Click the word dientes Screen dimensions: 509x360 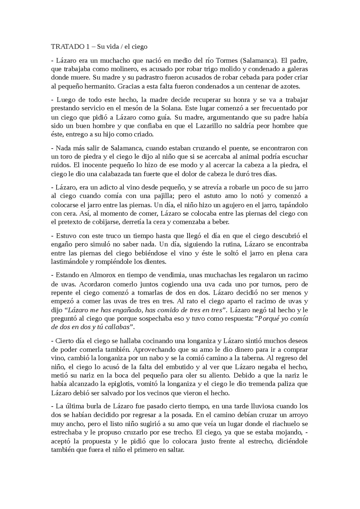click(156, 262)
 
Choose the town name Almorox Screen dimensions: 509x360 click(101, 275)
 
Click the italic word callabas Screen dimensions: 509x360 click(119, 327)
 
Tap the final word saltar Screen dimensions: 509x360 click(175, 450)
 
